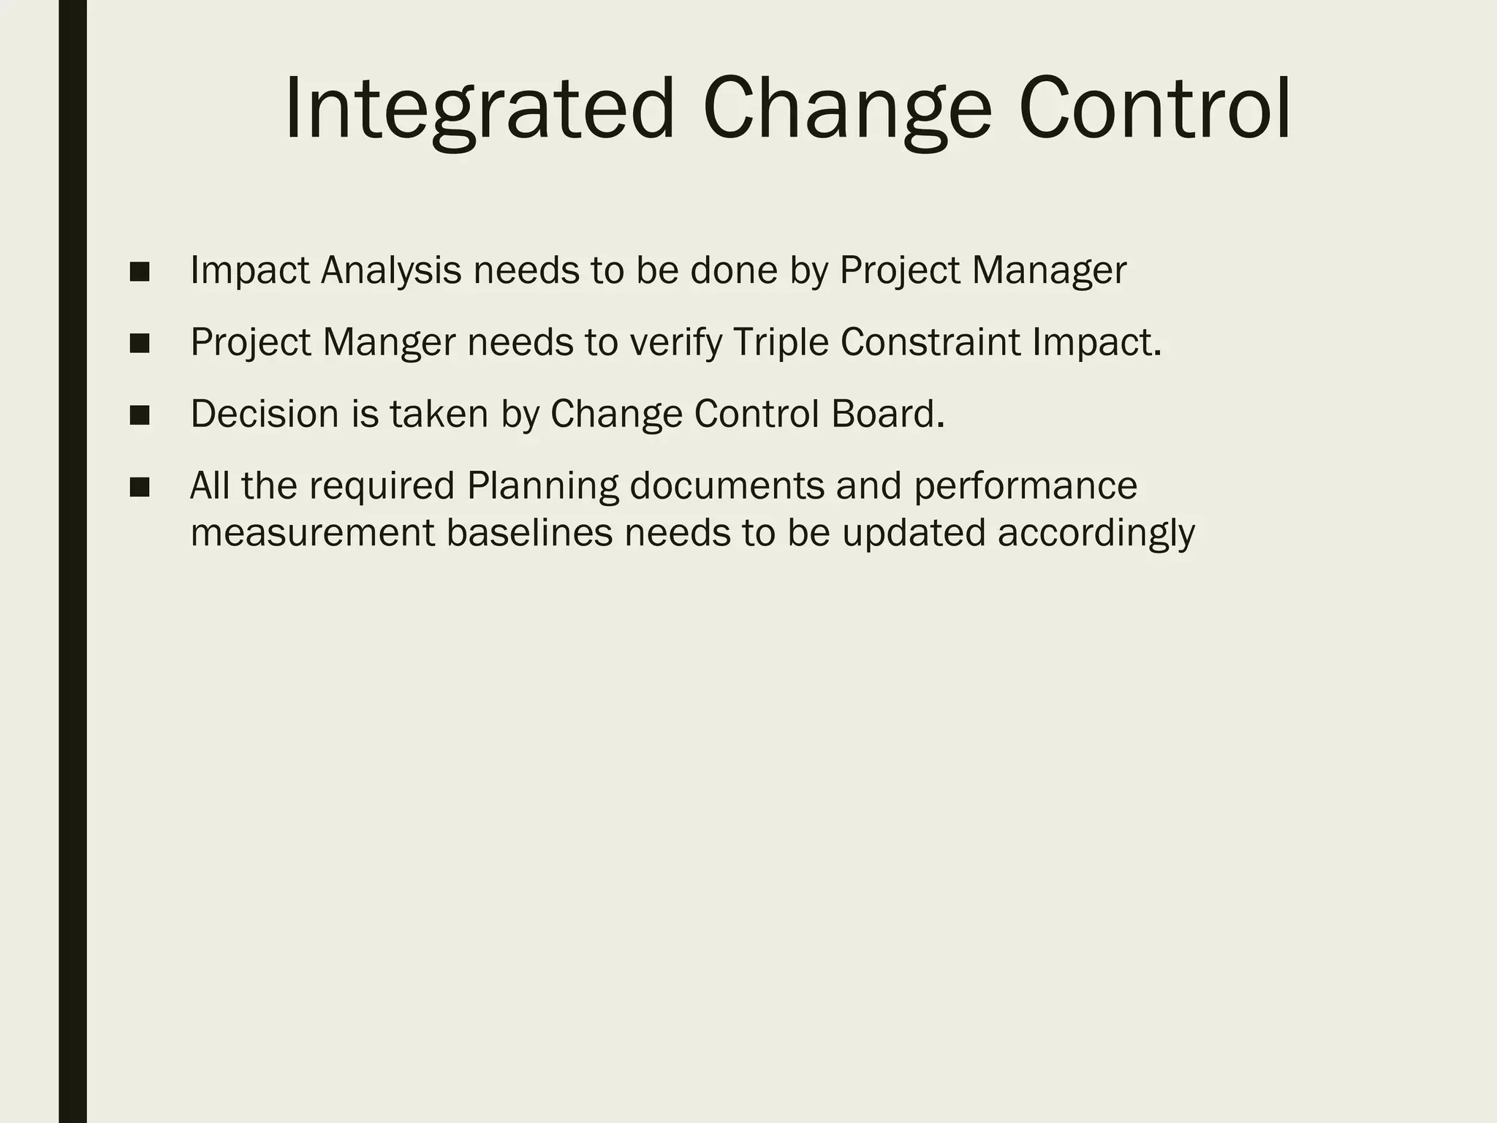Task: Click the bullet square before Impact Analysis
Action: tap(139, 272)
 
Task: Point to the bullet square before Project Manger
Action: tap(139, 344)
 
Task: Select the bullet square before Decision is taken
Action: tap(139, 415)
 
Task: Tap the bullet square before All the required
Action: tap(139, 487)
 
